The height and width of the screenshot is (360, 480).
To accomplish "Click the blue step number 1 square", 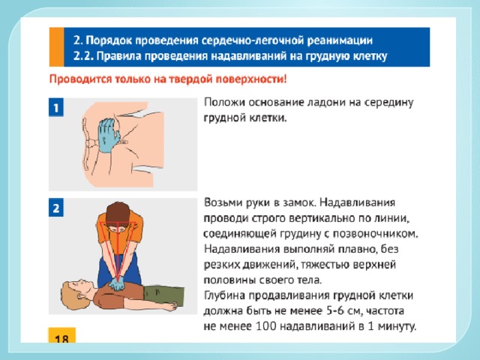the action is [x=56, y=107].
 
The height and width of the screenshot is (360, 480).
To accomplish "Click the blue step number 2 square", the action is [x=56, y=208].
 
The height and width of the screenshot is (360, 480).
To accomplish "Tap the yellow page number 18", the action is [x=61, y=335].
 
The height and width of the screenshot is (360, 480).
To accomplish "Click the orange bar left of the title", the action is [x=56, y=46].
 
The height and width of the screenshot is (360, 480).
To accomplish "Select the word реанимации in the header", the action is [x=340, y=40].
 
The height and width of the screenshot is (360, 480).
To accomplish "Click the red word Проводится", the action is [x=80, y=79].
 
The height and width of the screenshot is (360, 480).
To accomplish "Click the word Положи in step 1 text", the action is [x=225, y=102].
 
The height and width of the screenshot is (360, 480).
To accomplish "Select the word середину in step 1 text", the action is [x=388, y=103].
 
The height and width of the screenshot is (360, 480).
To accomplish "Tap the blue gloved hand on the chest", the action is [x=109, y=135].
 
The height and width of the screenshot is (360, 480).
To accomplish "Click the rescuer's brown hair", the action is [x=118, y=213].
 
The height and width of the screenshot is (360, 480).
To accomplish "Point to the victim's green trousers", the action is [x=164, y=295].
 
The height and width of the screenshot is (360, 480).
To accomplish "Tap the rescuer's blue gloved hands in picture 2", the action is [x=116, y=283].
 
